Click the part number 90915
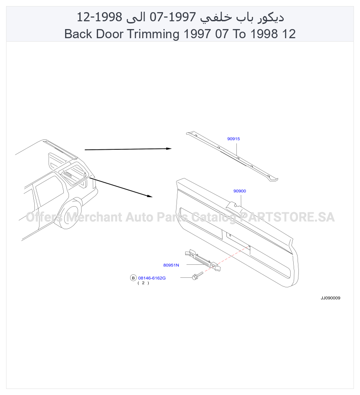pyautogui.click(x=233, y=139)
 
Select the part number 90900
pyautogui.click(x=240, y=191)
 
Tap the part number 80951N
pyautogui.click(x=171, y=265)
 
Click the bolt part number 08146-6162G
pyautogui.click(x=152, y=278)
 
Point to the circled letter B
pyautogui.click(x=133, y=278)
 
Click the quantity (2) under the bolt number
pyautogui.click(x=143, y=283)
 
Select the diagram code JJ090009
pyautogui.click(x=331, y=298)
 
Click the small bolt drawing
pyautogui.click(x=197, y=276)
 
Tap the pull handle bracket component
pyautogui.click(x=203, y=260)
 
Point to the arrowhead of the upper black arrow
pyautogui.click(x=169, y=148)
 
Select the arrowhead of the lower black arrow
pyautogui.click(x=150, y=196)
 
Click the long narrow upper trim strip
pyautogui.click(x=232, y=156)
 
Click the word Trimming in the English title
pyautogui.click(x=154, y=34)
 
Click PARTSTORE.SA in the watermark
pyautogui.click(x=287, y=217)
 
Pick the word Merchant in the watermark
pyautogui.click(x=94, y=217)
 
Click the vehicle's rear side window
pyautogui.click(x=49, y=191)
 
